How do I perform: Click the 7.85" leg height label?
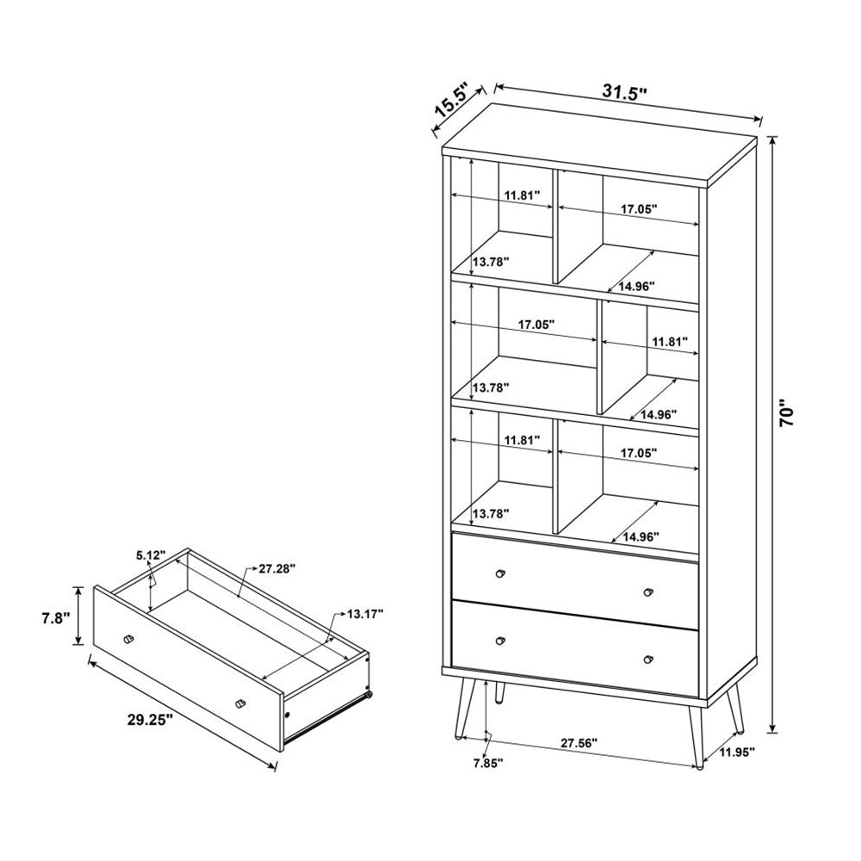[487, 762]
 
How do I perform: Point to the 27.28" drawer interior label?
[276, 568]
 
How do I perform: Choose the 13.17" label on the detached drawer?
[365, 613]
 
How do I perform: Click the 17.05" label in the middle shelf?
[536, 326]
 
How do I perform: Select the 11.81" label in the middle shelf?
[671, 342]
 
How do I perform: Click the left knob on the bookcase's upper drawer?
[500, 573]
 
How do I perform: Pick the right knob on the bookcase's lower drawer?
[648, 659]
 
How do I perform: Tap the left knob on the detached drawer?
[129, 638]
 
